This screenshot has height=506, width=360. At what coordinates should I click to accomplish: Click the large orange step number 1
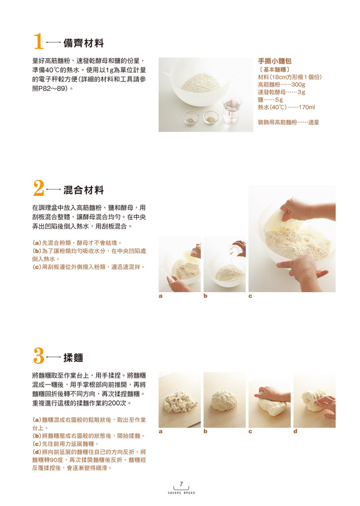coord(39,42)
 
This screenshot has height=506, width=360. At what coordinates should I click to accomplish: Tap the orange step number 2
coord(39,188)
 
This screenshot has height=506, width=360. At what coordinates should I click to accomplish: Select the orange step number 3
coord(39,356)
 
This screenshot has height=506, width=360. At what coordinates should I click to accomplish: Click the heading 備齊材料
coord(84,43)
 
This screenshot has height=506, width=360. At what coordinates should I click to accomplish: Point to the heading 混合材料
coord(84,190)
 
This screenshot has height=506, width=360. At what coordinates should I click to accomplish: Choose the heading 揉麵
coord(73,358)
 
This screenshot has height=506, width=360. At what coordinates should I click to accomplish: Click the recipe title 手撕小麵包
coord(275,61)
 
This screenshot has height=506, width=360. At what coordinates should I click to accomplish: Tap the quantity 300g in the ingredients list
coord(298,85)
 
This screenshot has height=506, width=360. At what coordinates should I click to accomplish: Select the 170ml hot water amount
coord(307,107)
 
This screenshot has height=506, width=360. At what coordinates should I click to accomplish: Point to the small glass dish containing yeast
coord(211,117)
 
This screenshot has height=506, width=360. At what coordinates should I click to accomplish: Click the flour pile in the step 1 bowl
coord(201,83)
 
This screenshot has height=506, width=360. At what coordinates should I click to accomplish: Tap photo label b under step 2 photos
coord(205,296)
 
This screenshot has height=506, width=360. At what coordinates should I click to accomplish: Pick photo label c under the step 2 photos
coord(250,296)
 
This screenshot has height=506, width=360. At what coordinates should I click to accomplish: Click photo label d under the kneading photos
coord(295,432)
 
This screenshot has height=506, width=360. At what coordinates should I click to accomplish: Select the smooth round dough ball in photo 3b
coord(224,401)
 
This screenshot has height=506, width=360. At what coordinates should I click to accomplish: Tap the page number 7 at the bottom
coord(181,484)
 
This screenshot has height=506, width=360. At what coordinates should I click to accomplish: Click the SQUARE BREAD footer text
coord(181,493)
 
